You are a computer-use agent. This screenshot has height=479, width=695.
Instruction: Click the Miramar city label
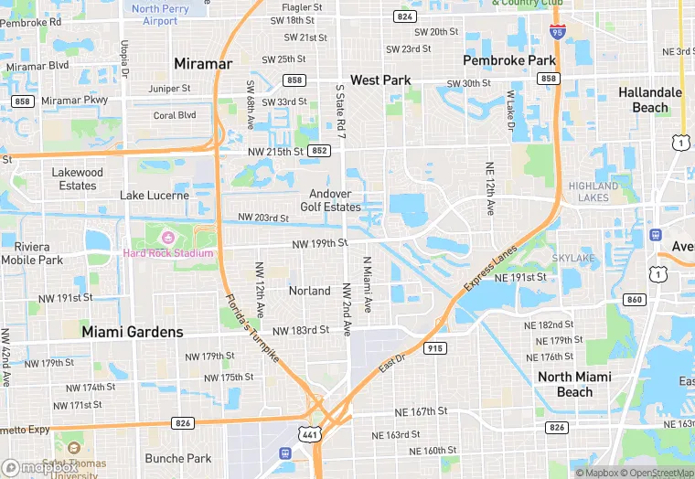coord(203,64)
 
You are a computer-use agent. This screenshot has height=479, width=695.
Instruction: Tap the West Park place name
coord(380,80)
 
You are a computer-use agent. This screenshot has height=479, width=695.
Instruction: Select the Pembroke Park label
coord(509,60)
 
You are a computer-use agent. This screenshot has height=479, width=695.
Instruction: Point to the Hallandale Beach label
coord(650,100)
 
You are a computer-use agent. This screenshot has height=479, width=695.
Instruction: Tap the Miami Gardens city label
coord(133,332)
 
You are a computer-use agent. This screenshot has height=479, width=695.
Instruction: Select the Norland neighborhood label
coord(310,291)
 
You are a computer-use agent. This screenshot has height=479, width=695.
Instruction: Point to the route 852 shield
coord(318,151)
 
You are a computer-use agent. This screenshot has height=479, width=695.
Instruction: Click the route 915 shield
coord(435,347)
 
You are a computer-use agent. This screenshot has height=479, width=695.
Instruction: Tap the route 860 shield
coord(635,299)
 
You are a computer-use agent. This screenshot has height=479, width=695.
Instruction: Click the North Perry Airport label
coord(161,15)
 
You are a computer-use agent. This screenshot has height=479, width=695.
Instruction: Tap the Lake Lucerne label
coord(155,196)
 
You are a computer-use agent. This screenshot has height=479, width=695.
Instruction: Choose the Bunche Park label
coord(178,458)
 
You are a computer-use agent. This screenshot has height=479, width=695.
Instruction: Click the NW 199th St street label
coord(320,243)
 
